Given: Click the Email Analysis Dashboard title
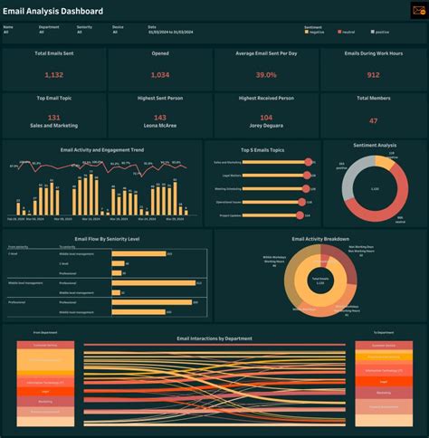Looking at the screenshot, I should [x=53, y=12].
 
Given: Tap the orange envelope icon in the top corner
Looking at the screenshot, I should [x=417, y=11].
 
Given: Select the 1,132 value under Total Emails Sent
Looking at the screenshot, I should [x=53, y=75].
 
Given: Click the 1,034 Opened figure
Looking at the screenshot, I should [x=159, y=75].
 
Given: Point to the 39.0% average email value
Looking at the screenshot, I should [x=265, y=75].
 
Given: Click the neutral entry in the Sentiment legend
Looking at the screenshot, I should [x=348, y=33].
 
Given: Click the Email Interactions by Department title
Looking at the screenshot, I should [x=214, y=338].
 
